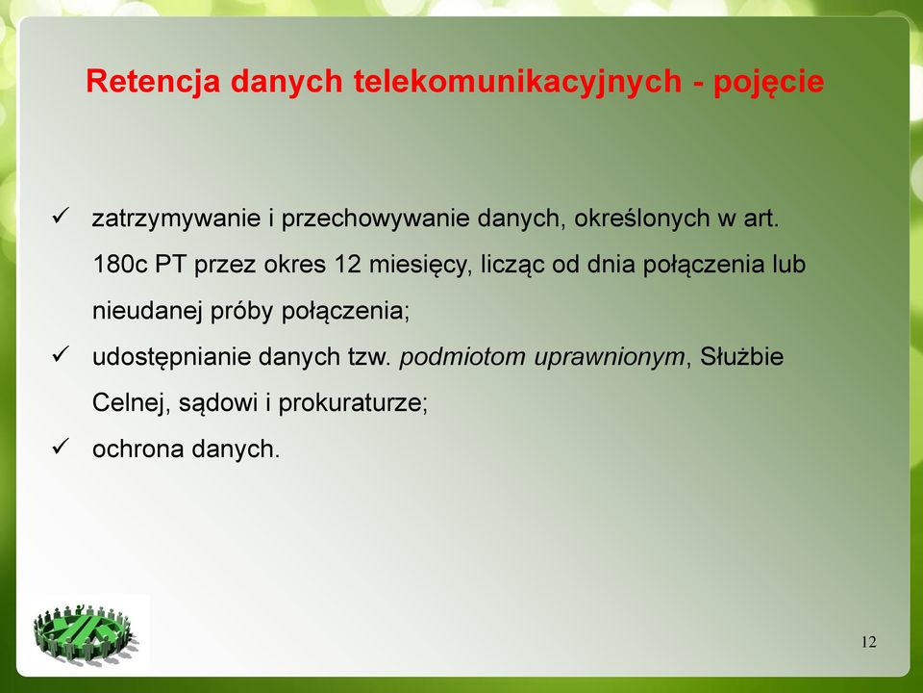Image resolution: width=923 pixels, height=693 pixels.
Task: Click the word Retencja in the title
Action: pyautogui.click(x=153, y=81)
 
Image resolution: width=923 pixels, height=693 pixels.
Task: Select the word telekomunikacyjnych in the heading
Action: pyautogui.click(x=517, y=81)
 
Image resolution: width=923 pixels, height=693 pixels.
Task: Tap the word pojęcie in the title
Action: pyautogui.click(x=768, y=83)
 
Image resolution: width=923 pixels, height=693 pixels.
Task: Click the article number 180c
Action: pyautogui.click(x=120, y=264)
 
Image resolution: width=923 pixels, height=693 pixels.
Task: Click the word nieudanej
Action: pyautogui.click(x=147, y=310)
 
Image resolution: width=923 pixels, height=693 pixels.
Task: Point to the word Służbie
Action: pyautogui.click(x=741, y=356)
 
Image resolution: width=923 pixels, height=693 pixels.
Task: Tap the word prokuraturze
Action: pyautogui.click(x=353, y=403)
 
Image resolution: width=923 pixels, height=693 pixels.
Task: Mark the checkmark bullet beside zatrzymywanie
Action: pyautogui.click(x=62, y=215)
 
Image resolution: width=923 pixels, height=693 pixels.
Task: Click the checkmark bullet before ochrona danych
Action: pyautogui.click(x=62, y=445)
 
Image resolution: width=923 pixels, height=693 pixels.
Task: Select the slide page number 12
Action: pyautogui.click(x=869, y=642)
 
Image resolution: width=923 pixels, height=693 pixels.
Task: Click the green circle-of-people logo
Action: pyautogui.click(x=86, y=633)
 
